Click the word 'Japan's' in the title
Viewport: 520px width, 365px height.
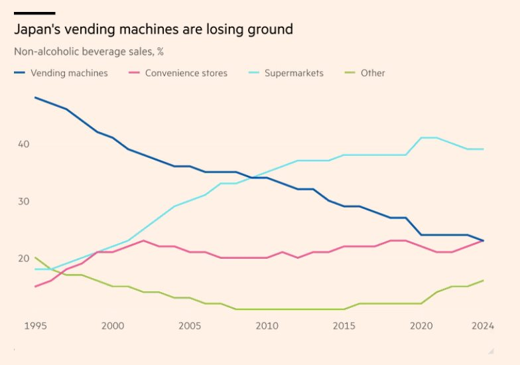pyautogui.click(x=40, y=29)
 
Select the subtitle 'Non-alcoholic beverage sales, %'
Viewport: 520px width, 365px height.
pyautogui.click(x=89, y=52)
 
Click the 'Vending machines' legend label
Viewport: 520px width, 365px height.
pyautogui.click(x=69, y=73)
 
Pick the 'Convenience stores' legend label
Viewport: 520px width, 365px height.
pyautogui.click(x=186, y=73)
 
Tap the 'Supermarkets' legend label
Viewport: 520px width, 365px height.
pyautogui.click(x=294, y=73)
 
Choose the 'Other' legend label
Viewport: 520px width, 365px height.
pyautogui.click(x=373, y=73)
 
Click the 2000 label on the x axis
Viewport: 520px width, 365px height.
pyautogui.click(x=112, y=326)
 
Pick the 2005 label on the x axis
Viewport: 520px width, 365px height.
pyautogui.click(x=189, y=326)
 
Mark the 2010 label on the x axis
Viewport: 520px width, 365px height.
pyautogui.click(x=267, y=326)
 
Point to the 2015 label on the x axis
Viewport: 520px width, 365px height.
pyautogui.click(x=344, y=326)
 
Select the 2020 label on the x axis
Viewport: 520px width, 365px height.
pyautogui.click(x=421, y=326)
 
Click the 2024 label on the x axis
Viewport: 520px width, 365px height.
pyautogui.click(x=483, y=326)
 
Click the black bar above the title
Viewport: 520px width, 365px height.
pyautogui.click(x=34, y=13)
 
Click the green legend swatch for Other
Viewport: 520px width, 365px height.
pyautogui.click(x=349, y=73)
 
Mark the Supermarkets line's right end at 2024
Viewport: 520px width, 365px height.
pyautogui.click(x=483, y=149)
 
